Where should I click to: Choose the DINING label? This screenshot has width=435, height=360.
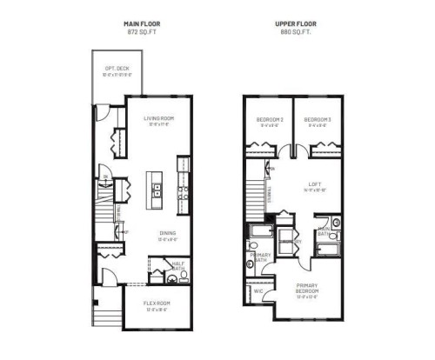169,232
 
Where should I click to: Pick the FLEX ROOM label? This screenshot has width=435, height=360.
157,303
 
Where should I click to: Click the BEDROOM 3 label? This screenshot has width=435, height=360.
316,119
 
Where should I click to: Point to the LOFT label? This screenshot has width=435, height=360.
314,183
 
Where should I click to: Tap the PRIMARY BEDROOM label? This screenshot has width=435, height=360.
306,287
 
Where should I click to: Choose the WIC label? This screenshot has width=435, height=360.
258,291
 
